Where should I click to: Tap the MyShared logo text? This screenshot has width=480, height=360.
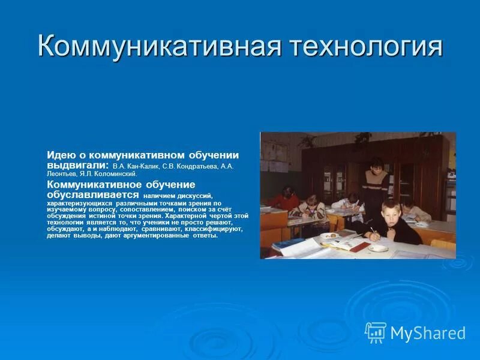428,332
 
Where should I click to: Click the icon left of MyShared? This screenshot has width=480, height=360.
376,332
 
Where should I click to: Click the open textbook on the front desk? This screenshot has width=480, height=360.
342,242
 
